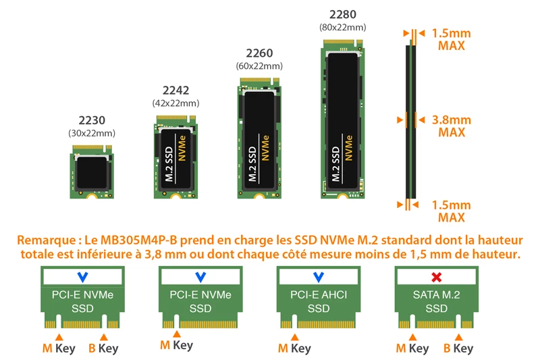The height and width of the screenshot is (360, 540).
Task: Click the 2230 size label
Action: pyautogui.click(x=92, y=120)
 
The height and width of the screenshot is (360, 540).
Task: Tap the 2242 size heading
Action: pyautogui.click(x=175, y=91)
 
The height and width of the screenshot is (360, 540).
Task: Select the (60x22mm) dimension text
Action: pyautogui.click(x=259, y=66)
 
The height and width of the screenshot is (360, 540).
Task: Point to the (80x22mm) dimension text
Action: pyautogui.click(x=342, y=27)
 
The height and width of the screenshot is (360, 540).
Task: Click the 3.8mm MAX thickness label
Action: pyautogui.click(x=451, y=126)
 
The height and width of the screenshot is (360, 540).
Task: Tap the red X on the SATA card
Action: pyautogui.click(x=436, y=277)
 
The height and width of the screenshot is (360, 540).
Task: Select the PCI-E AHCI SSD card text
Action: pyautogui.click(x=319, y=301)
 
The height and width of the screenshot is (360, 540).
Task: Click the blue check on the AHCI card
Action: pyautogui.click(x=319, y=277)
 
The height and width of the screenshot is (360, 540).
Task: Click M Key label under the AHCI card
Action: pyautogui.click(x=294, y=349)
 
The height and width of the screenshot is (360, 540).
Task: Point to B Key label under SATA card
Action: pyautogui.click(x=458, y=349)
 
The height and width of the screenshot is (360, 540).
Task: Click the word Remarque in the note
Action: pyautogui.click(x=46, y=240)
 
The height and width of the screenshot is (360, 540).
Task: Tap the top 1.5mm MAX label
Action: pyautogui.click(x=451, y=39)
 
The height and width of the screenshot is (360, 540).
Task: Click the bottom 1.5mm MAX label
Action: pyautogui.click(x=451, y=211)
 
